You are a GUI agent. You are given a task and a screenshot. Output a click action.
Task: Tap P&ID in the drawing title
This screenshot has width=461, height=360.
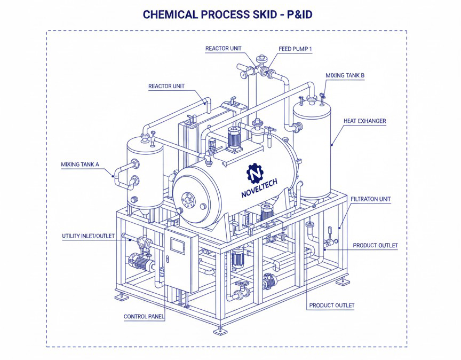point(299,14)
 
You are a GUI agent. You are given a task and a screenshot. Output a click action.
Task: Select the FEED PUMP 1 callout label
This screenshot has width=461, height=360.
point(295,49)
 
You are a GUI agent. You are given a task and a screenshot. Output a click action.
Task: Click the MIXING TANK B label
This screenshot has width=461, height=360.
point(345,75)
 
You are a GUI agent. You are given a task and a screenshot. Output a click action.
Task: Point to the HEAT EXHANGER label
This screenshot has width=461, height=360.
point(364,121)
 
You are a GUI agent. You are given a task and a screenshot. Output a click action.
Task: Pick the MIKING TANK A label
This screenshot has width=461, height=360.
point(80,165)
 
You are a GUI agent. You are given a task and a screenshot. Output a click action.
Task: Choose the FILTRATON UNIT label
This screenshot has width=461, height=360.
point(370,199)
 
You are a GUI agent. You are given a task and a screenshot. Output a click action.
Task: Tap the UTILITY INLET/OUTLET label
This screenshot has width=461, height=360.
point(88,236)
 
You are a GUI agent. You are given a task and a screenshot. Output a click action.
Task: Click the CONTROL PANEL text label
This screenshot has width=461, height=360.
point(144,317)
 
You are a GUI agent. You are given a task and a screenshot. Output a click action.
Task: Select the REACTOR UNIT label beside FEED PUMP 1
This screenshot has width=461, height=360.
point(223,49)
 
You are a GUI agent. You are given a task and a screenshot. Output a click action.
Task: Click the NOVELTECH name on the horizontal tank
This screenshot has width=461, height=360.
point(259,189)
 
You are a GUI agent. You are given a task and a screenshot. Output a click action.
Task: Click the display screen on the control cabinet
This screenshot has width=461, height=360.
point(178,245)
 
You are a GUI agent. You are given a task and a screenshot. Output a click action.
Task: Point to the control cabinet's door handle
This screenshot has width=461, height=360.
point(168,259)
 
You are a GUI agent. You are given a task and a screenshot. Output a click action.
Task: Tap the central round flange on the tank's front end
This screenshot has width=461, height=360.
point(188,200)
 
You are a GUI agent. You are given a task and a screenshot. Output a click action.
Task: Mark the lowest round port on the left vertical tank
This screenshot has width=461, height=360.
point(134,200)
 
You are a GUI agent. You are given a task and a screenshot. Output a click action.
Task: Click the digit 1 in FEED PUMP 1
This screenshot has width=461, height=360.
point(310,49)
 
